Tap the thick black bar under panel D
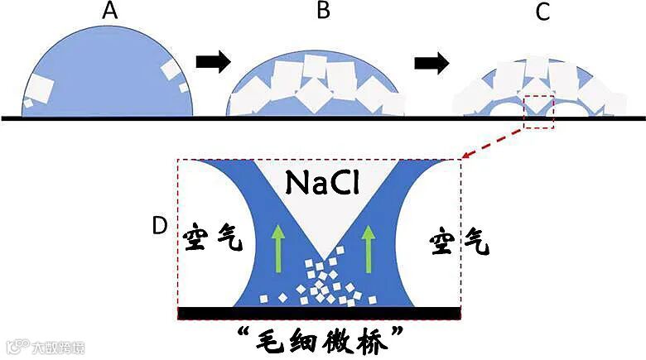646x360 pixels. (319, 312)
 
